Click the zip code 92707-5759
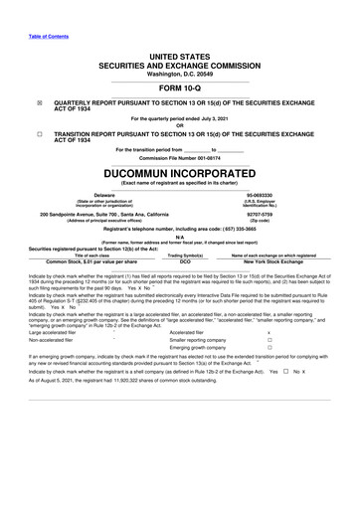click(x=259, y=214)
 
